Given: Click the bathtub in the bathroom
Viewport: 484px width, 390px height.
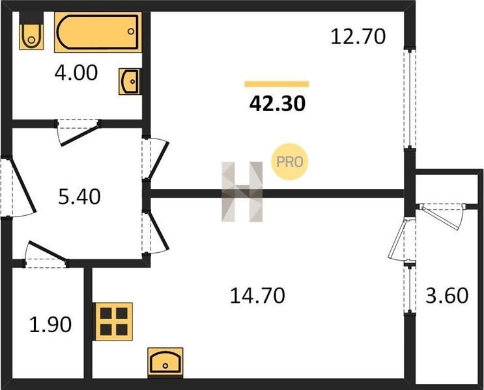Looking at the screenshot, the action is [98, 32].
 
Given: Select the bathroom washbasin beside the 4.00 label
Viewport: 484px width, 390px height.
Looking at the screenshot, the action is [130, 81].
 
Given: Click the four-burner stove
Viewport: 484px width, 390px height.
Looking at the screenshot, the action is [114, 322].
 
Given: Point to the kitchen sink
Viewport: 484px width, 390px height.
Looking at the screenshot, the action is [165, 363].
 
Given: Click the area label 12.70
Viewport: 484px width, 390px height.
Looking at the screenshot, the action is [358, 36].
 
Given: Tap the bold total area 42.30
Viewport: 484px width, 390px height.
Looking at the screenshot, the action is [278, 103].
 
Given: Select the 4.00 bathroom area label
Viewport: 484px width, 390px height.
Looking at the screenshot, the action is [76, 73].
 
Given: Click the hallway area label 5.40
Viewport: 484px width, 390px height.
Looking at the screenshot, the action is [79, 197].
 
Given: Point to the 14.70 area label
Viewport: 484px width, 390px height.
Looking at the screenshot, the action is [258, 296].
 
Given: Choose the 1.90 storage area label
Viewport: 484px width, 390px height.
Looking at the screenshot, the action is [50, 324].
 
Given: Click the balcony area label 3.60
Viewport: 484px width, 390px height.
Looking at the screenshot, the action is [447, 295].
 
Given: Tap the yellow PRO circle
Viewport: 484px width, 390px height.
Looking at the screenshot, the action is [289, 162].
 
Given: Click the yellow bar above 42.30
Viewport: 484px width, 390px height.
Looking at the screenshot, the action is [277, 84].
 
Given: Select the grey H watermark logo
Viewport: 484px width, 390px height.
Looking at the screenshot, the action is [242, 192].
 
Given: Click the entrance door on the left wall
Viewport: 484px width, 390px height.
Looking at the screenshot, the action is [18, 188].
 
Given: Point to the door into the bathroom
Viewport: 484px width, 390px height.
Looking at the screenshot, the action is [79, 132].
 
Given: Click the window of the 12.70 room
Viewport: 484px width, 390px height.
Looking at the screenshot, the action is [410, 99].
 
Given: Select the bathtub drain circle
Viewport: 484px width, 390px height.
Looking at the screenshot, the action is [131, 31].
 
